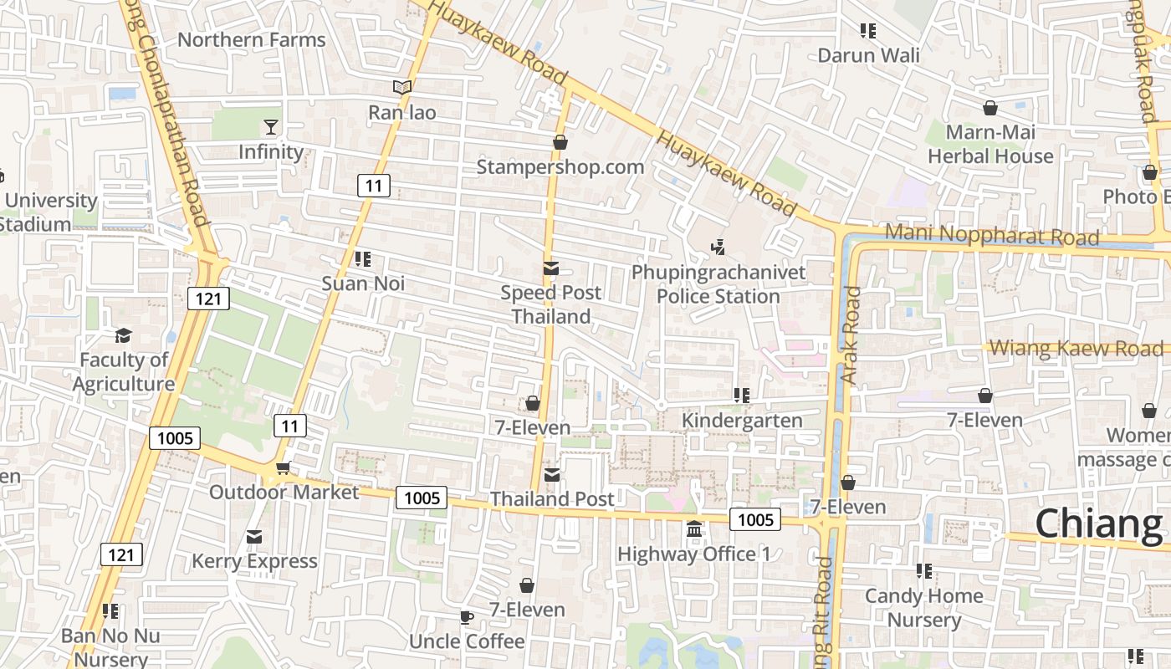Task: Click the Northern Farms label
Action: tap(251, 40)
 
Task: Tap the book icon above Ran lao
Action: tap(402, 88)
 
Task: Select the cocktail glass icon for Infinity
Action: tap(271, 127)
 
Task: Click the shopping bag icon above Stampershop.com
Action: tap(560, 142)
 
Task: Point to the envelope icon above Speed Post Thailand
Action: tap(551, 268)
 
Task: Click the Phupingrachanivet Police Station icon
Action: tap(718, 247)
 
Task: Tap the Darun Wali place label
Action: tap(868, 56)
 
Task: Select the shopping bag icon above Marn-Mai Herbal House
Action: tap(990, 108)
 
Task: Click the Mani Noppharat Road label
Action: tap(991, 234)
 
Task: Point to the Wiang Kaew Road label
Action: tap(1076, 349)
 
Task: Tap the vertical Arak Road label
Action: tap(851, 334)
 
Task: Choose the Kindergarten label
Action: tap(742, 420)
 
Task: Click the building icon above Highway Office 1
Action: tap(694, 529)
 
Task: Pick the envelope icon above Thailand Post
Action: tap(552, 475)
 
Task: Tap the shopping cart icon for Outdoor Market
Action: tap(283, 468)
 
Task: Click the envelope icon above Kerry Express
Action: tap(254, 537)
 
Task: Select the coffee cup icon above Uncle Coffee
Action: tap(466, 617)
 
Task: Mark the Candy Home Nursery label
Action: tap(923, 608)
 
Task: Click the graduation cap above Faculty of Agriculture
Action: tap(124, 335)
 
